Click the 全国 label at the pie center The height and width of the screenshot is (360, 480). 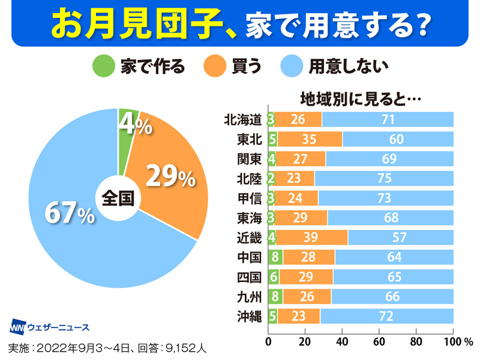(x=117, y=198)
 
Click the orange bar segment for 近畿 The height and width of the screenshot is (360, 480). (x=311, y=237)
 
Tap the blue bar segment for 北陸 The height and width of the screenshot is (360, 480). (x=384, y=178)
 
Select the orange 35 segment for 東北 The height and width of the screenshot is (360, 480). (x=310, y=139)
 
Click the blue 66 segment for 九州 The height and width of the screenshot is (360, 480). (x=392, y=296)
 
